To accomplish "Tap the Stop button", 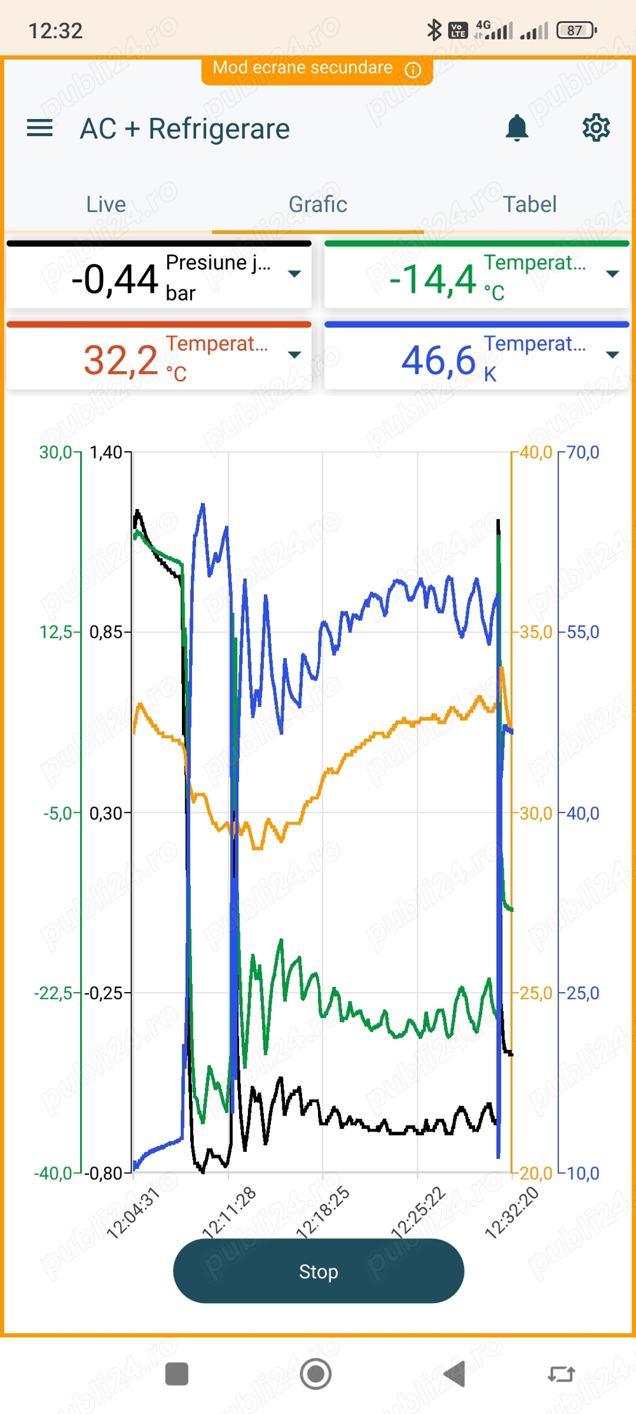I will [x=318, y=1271].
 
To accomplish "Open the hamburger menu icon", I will [x=39, y=129].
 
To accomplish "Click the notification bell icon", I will [x=517, y=129].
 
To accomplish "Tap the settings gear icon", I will [x=596, y=129].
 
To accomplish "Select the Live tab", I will [x=106, y=204].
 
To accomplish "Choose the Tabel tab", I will [x=530, y=204].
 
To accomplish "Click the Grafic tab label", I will [x=318, y=204].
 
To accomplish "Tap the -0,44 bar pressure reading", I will [x=114, y=279].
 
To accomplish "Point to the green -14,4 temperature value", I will [x=432, y=279].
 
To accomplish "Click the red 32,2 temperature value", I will [x=121, y=360].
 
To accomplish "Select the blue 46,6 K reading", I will [x=438, y=360].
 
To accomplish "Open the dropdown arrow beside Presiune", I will [x=294, y=274].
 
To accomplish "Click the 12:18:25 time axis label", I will [x=323, y=1212].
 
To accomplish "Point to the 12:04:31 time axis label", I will [x=133, y=1213].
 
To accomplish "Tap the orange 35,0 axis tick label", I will [x=536, y=632].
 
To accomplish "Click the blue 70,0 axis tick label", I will [x=583, y=452].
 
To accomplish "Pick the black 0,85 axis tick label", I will [x=106, y=632].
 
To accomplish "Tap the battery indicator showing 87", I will [x=576, y=30].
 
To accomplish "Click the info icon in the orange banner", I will [x=413, y=69].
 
